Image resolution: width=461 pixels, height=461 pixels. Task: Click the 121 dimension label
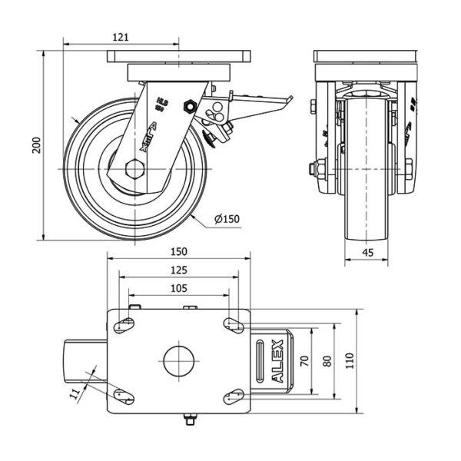pyautogui.click(x=120, y=36)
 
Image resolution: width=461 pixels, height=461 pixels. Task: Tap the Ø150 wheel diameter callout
pyautogui.click(x=227, y=219)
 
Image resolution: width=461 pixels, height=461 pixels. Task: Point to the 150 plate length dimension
pyautogui.click(x=178, y=251)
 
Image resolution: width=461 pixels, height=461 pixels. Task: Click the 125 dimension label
pyautogui.click(x=178, y=270)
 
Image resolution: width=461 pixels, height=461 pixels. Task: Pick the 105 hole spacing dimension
pyautogui.click(x=178, y=288)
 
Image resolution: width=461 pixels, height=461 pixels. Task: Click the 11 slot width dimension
pyautogui.click(x=75, y=393)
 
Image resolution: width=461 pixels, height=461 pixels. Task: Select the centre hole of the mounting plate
pyautogui.click(x=178, y=360)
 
